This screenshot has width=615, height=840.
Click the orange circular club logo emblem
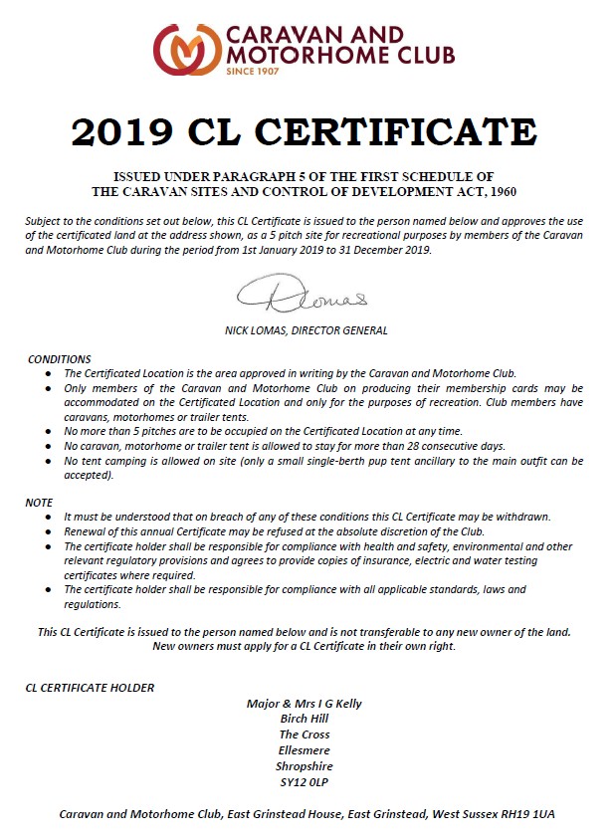coord(186,50)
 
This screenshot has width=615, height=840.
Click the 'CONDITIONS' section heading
coord(60,359)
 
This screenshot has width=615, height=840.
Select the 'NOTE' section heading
coord(39,503)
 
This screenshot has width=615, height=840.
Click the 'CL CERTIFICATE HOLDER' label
coord(90,687)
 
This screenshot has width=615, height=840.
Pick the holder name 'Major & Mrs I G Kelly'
coord(305,704)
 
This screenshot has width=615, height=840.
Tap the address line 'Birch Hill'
coord(305,720)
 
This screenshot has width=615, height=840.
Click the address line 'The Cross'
coord(305,735)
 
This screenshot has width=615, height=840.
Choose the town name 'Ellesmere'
coord(305,750)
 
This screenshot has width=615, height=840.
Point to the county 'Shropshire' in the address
coord(305,766)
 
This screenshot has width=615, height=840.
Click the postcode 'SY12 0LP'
coord(305,782)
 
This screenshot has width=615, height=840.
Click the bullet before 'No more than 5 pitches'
coord(49,431)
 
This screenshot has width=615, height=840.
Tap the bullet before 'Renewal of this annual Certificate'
coord(49,530)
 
